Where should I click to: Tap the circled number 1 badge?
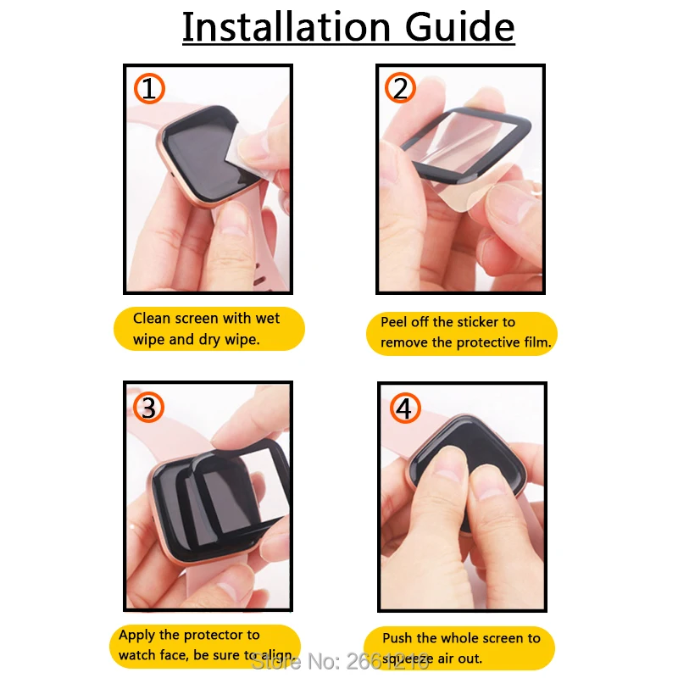coord(149,88)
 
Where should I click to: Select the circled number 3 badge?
coord(149,408)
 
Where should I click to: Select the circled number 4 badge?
coord(404,408)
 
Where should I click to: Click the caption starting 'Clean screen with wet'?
coord(208,329)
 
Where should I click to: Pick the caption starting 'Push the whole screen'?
coord(461,648)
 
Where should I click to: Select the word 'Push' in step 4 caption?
coord(398,638)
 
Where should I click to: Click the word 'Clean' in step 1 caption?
coord(152,319)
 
